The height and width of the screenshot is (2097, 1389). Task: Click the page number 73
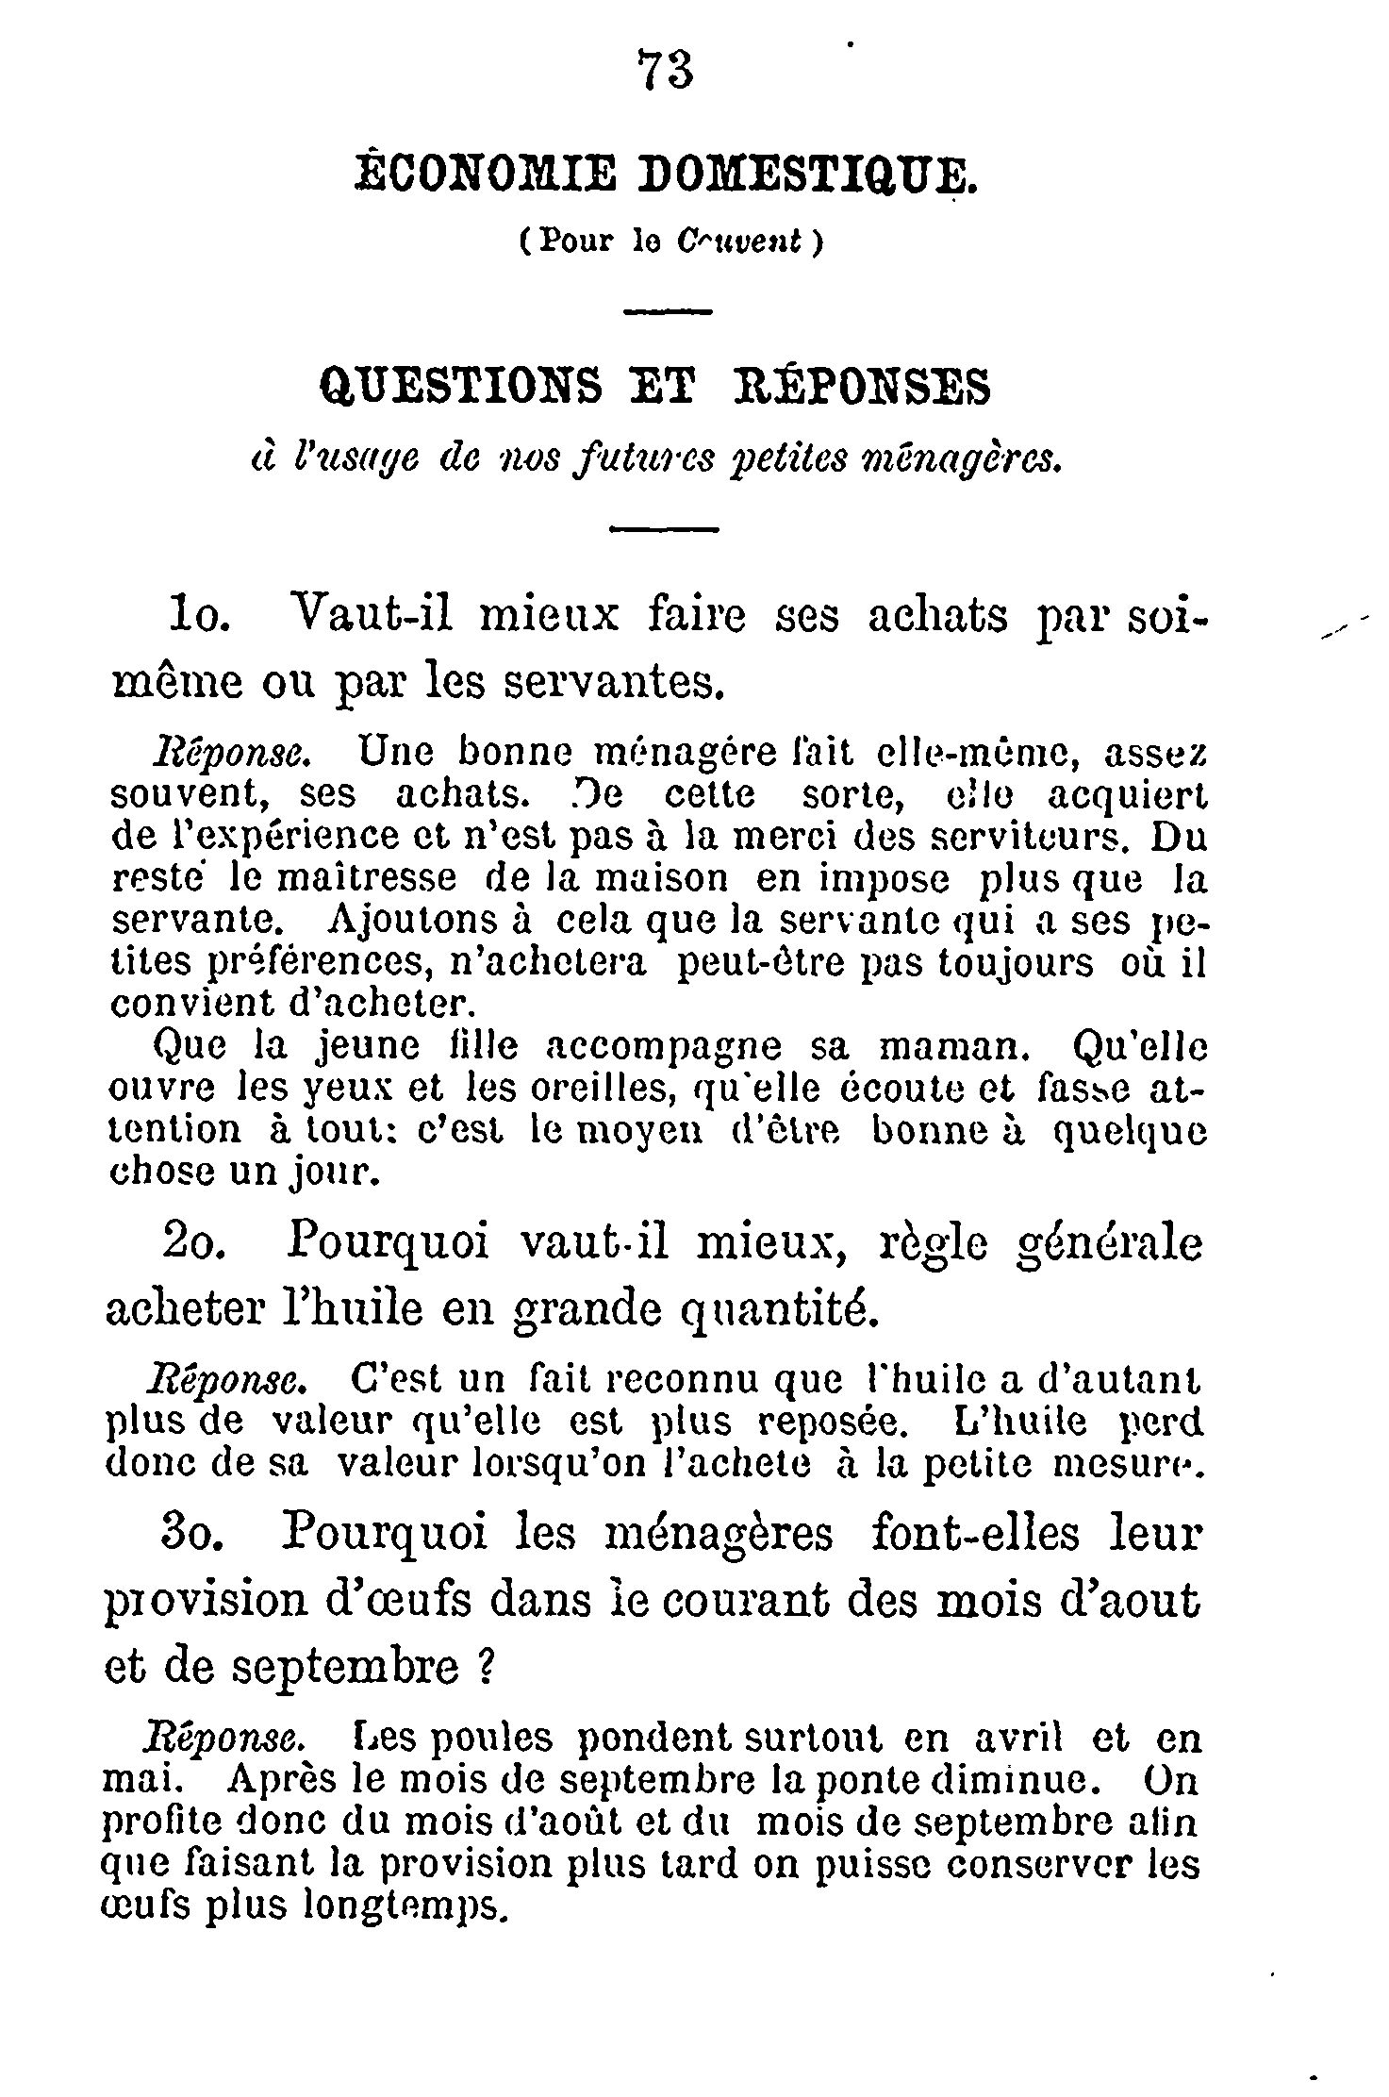pos(666,70)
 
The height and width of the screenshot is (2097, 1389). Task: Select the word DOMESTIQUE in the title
pos(818,177)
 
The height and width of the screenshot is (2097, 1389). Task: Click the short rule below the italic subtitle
pos(665,530)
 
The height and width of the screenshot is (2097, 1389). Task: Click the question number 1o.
pos(197,617)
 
